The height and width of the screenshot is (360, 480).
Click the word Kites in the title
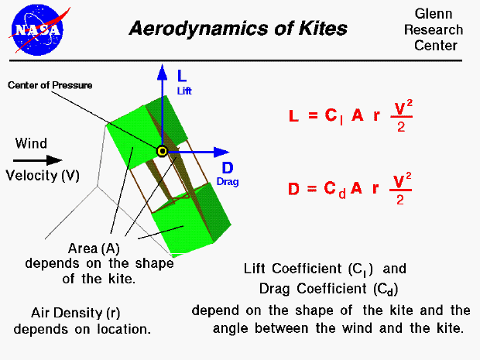(321, 29)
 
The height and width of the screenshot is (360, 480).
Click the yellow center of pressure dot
(163, 152)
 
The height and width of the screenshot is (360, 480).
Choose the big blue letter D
(228, 168)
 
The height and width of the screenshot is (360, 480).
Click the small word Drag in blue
(228, 182)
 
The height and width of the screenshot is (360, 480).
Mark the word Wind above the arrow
(31, 143)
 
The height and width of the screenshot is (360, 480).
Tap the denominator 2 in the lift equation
(401, 127)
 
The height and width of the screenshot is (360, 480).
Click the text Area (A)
(93, 249)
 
